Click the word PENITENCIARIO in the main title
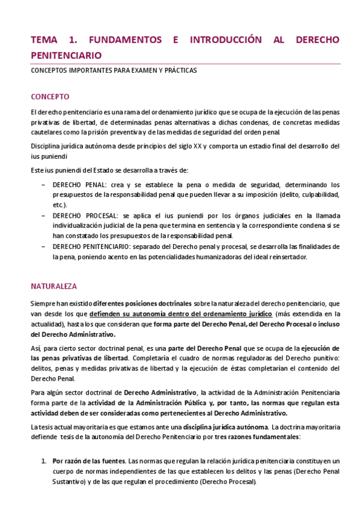[66, 55]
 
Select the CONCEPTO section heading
[50, 97]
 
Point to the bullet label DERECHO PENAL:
[79, 185]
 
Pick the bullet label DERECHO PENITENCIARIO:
[95, 247]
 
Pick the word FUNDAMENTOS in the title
[125, 40]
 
